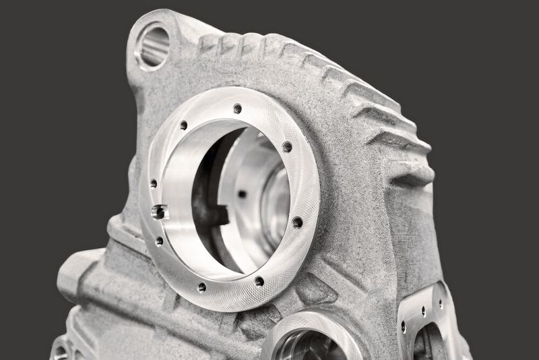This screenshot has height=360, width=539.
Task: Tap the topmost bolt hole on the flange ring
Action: click(x=237, y=109)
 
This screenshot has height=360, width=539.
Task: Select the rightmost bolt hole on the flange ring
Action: click(x=297, y=222)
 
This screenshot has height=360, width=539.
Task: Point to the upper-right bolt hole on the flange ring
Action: click(x=287, y=147)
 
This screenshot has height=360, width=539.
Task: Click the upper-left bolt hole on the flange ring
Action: click(x=183, y=125)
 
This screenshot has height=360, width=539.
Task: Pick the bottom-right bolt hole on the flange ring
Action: click(x=259, y=280)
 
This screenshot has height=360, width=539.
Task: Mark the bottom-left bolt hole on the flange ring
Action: click(x=201, y=287)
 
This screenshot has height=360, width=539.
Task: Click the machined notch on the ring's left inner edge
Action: click(x=160, y=212)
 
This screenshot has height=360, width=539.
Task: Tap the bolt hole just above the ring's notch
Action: click(x=154, y=183)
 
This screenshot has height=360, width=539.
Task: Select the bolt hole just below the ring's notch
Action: click(x=160, y=241)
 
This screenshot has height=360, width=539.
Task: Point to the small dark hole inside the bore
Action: click(x=242, y=194)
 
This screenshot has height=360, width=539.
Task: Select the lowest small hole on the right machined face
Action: click(x=403, y=326)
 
